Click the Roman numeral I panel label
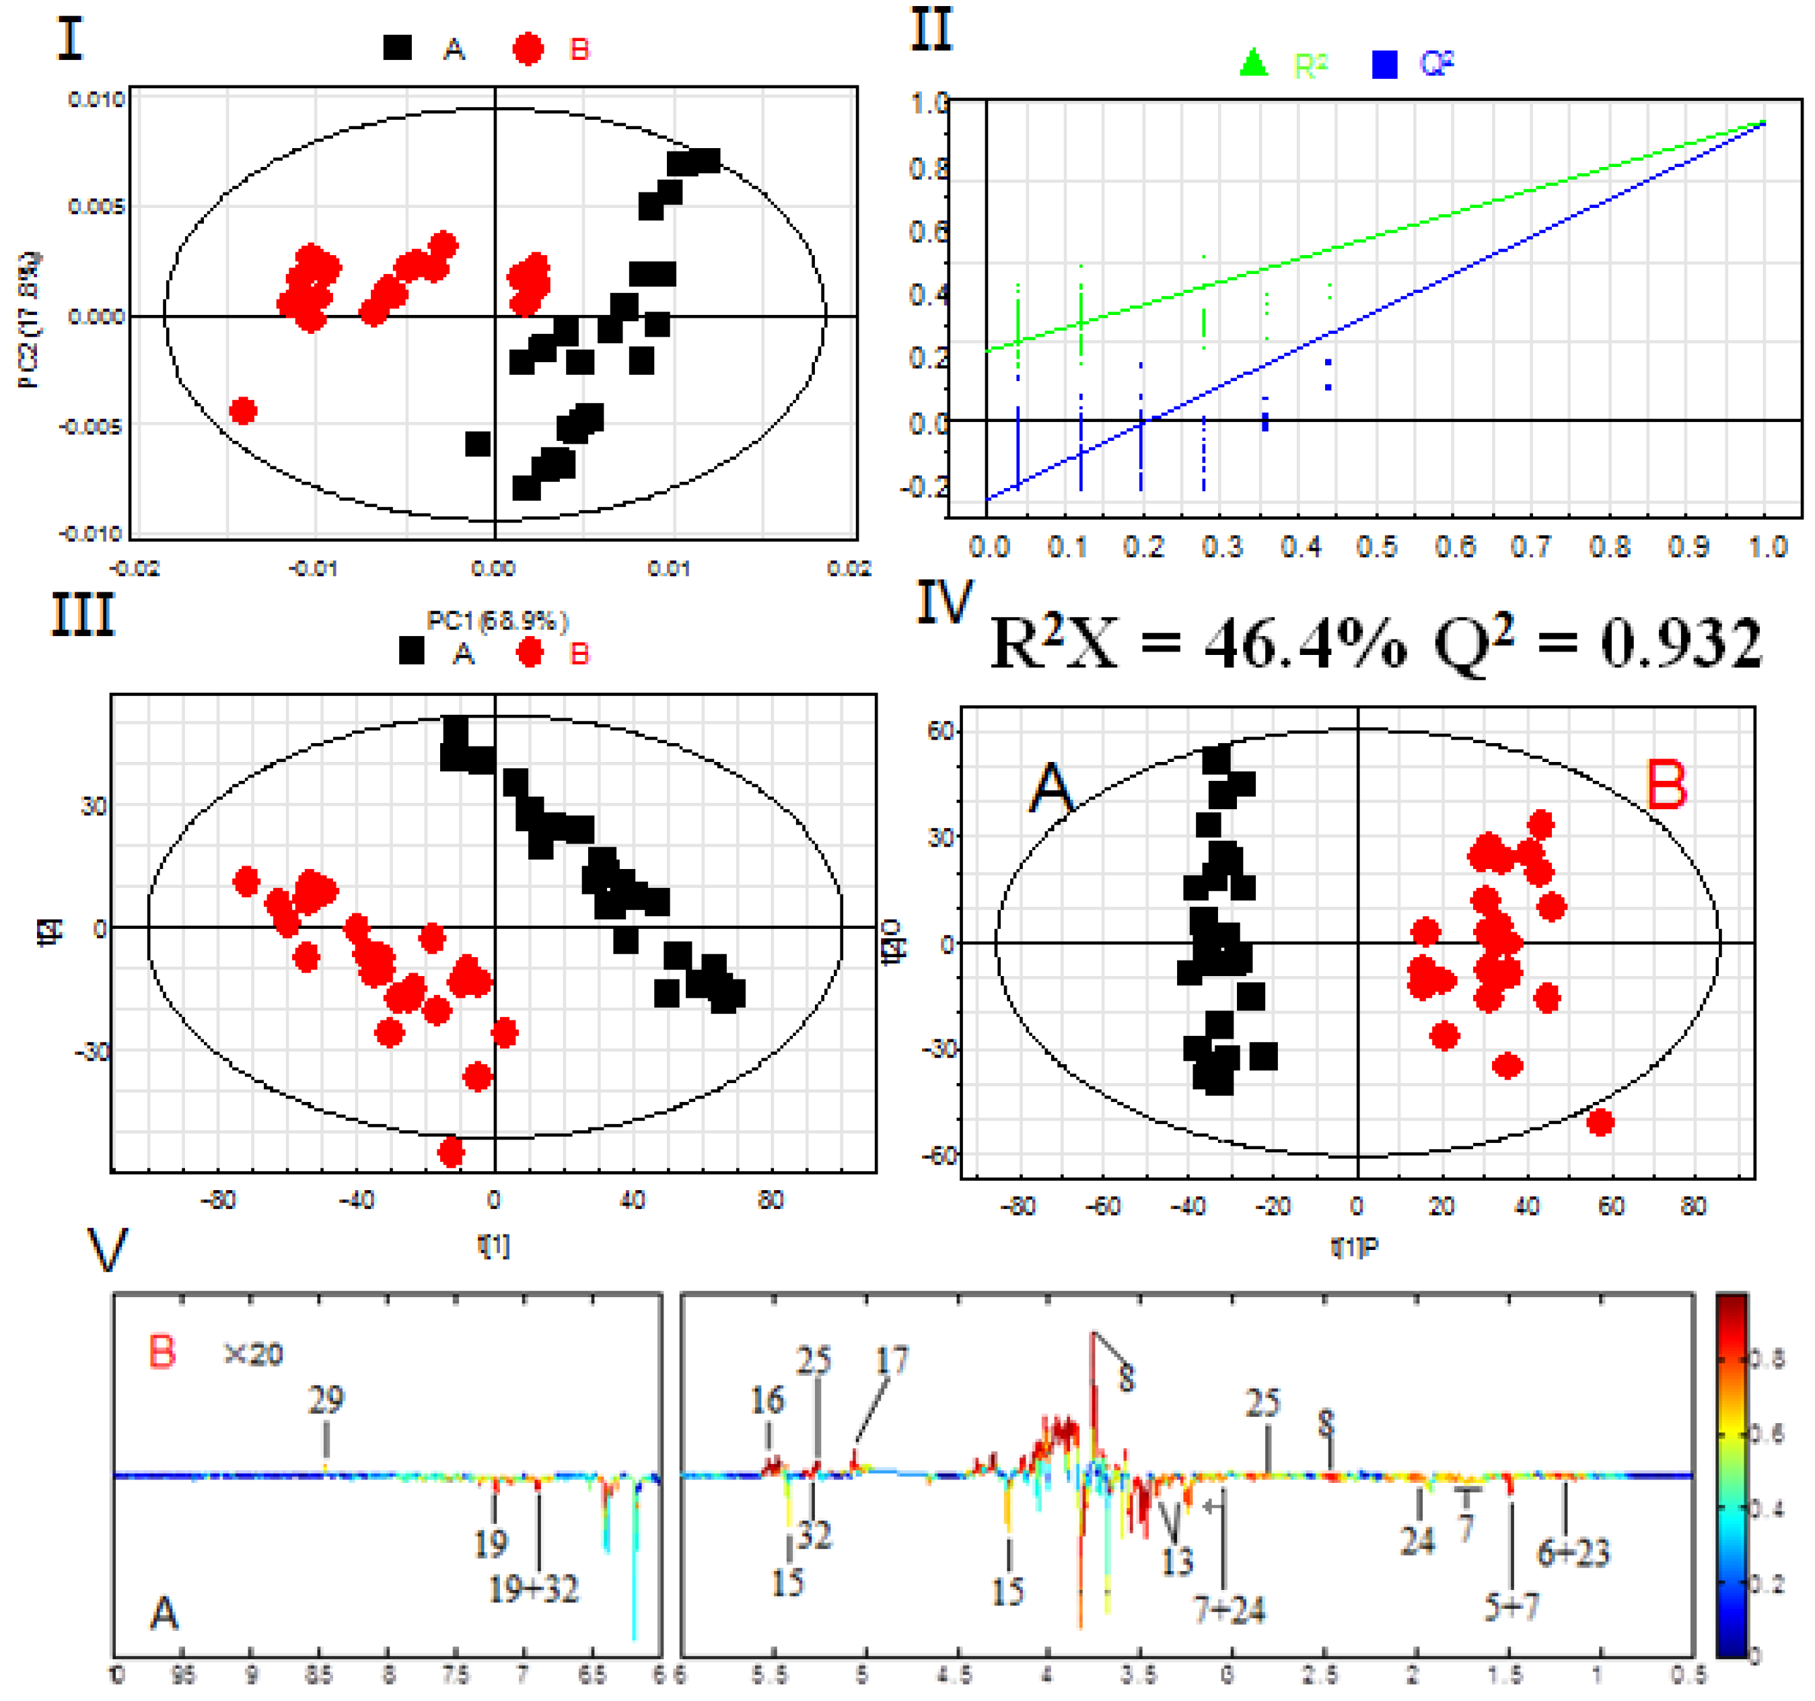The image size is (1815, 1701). pos(70,40)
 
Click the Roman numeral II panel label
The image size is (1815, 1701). pos(932,30)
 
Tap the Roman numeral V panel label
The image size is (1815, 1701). pos(107,1250)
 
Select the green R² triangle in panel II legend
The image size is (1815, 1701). pos(1254,63)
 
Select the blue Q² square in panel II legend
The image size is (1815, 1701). pos(1384,65)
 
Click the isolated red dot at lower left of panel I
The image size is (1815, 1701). pos(243,411)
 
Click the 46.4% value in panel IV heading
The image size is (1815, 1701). pos(1306,644)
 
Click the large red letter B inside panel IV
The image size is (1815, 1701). pos(1666,786)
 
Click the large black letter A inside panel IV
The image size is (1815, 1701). pos(1052,788)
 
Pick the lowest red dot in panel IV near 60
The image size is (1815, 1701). pos(1600,1122)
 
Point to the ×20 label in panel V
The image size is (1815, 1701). pos(253,1353)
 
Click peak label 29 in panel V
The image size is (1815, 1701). pos(326,1399)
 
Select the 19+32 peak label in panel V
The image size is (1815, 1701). pos(534,1590)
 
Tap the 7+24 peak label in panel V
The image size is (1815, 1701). pos(1230,1609)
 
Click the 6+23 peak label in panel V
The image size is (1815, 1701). pos(1573,1552)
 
